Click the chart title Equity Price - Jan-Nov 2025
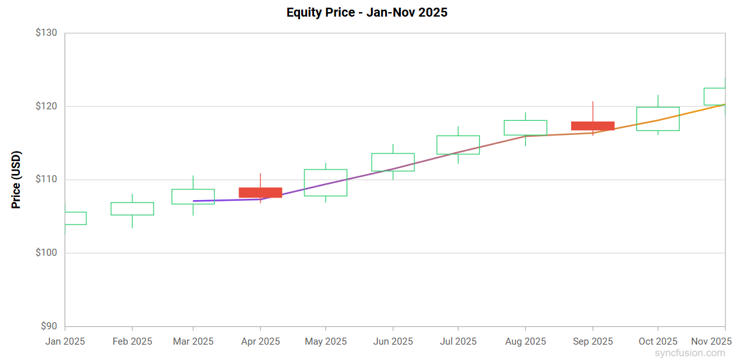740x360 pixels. point(366,13)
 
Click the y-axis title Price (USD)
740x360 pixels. point(17,180)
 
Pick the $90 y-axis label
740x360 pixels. point(49,326)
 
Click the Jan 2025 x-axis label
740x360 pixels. point(65,341)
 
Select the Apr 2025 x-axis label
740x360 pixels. point(260,341)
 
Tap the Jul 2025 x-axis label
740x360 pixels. point(458,341)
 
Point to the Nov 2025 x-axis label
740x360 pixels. point(711,341)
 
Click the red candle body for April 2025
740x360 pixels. point(260,192)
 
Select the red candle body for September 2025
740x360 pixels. point(592,126)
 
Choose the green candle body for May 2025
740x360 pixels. point(326,182)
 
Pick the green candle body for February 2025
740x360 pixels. point(132,208)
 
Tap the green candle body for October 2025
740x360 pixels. point(657,119)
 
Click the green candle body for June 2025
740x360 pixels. point(393,162)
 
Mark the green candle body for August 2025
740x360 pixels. point(525,127)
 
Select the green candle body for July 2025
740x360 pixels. point(458,145)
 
